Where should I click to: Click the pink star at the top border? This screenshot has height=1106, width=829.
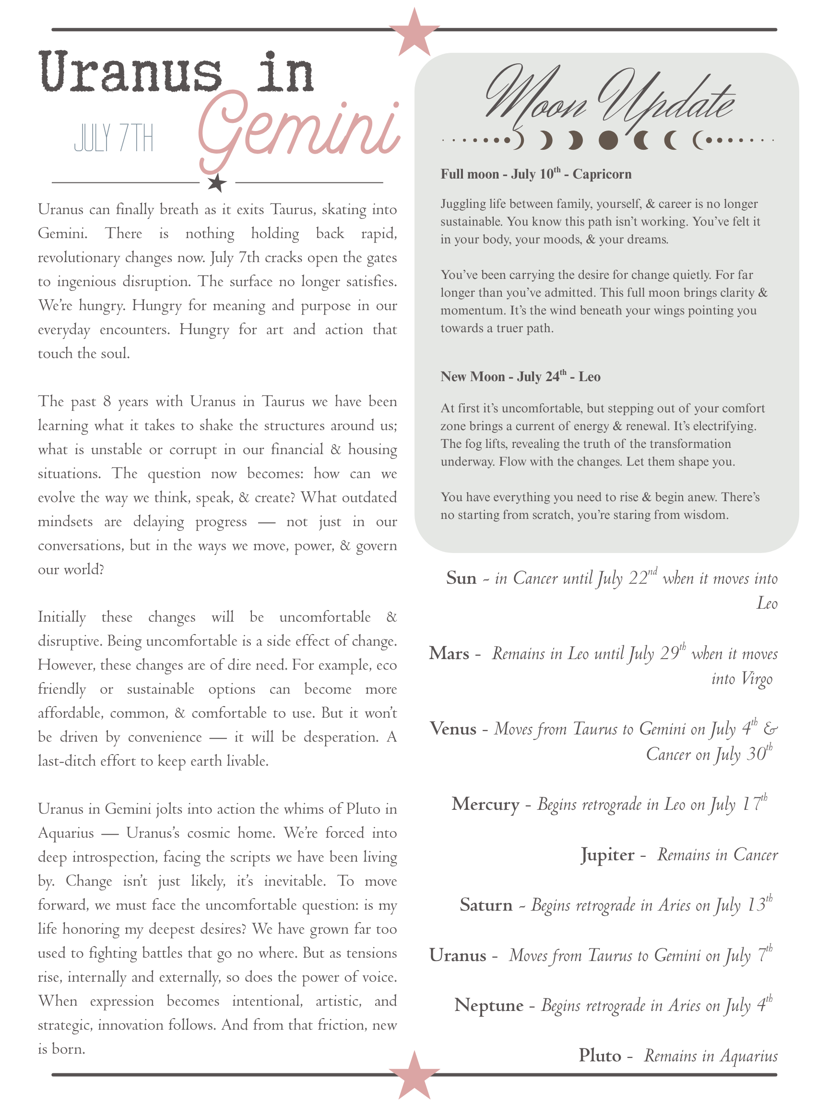(414, 33)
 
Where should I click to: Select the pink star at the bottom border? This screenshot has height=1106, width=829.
(414, 1074)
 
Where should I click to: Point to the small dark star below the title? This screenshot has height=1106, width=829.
(216, 183)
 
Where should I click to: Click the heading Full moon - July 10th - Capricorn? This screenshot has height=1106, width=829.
(536, 174)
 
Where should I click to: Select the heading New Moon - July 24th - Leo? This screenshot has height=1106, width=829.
(520, 376)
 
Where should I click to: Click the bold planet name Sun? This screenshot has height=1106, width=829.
(461, 578)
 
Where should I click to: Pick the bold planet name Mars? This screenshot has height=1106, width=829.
(449, 653)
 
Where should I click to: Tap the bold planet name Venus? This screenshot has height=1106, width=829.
(453, 729)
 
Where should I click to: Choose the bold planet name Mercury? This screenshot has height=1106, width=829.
(485, 804)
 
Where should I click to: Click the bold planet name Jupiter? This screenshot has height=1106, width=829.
(607, 854)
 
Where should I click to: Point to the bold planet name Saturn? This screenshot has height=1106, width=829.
(486, 905)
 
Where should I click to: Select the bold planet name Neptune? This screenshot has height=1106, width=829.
(489, 1005)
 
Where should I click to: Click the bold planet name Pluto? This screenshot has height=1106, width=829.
(600, 1056)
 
